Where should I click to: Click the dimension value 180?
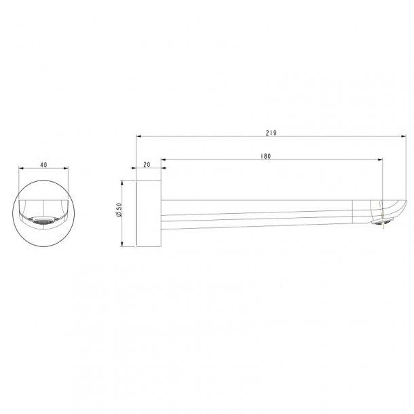coord(266,156)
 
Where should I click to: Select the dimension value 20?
coord(148,165)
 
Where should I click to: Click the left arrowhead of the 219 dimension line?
coord(138,136)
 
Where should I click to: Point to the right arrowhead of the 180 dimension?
coord(381,161)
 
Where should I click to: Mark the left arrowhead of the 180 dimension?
coord(163,161)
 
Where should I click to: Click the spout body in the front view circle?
coord(44,208)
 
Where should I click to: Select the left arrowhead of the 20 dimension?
coord(138,169)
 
